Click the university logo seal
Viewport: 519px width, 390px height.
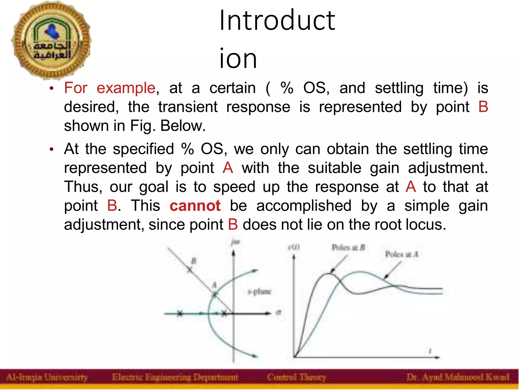[51, 41]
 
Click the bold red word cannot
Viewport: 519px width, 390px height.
[195, 206]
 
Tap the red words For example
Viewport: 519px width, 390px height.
[109, 88]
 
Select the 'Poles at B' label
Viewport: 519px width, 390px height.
[348, 247]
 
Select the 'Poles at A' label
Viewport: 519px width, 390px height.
[401, 254]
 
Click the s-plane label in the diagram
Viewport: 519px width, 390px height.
[259, 292]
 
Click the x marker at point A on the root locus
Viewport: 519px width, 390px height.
[215, 294]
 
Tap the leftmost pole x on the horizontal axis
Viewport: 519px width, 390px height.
[179, 314]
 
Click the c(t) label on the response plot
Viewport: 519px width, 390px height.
[294, 247]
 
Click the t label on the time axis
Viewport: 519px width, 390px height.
[430, 351]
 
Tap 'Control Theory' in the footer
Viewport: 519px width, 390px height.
[296, 378]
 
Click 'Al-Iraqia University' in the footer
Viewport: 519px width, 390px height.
[47, 378]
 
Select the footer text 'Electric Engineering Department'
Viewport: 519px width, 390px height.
[175, 378]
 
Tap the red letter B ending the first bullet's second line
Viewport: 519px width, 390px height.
[483, 107]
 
